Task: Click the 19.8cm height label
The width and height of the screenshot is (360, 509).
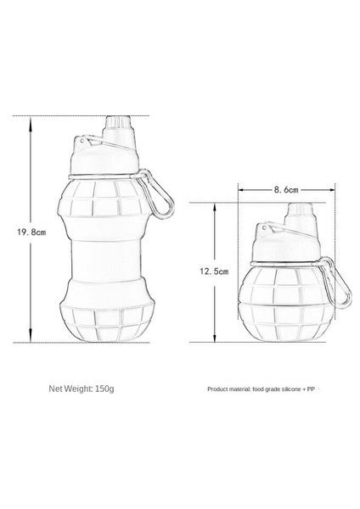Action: click(x=31, y=229)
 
